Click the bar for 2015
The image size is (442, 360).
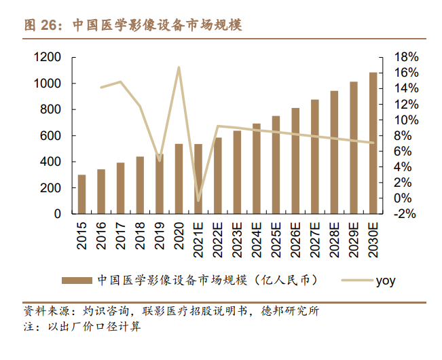pos(82,194)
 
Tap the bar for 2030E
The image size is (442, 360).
pos(373,143)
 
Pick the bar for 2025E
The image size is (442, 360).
pos(276,165)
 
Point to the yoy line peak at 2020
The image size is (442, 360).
pos(179,67)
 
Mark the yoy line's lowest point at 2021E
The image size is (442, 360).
pos(198,201)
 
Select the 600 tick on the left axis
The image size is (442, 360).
pos(51,136)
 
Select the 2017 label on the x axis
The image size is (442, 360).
pos(121,235)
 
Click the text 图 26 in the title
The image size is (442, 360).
pos(40,26)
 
